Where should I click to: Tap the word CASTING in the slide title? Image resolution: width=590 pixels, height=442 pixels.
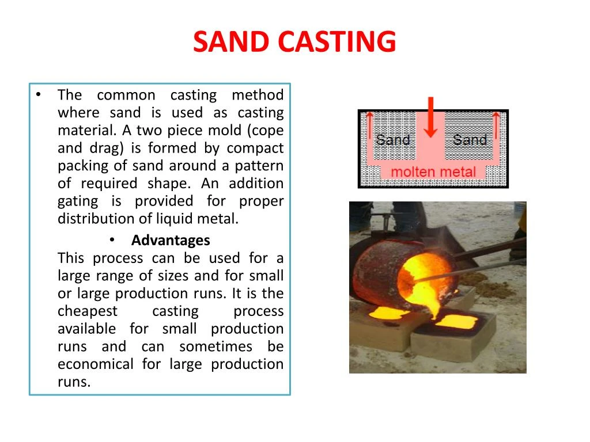pyautogui.click(x=336, y=42)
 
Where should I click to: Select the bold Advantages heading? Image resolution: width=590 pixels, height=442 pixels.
pyautogui.click(x=171, y=240)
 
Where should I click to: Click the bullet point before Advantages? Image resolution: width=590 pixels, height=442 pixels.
pyautogui.click(x=112, y=239)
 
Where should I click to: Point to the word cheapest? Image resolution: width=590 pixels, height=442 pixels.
pyautogui.click(x=88, y=311)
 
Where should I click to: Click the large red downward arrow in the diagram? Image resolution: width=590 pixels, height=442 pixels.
pyautogui.click(x=430, y=118)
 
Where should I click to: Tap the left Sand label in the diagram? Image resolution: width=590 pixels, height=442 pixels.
pyautogui.click(x=393, y=139)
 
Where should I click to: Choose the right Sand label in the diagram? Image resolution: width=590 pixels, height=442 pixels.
pyautogui.click(x=470, y=139)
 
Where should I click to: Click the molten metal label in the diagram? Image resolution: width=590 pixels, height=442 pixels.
pyautogui.click(x=433, y=172)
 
